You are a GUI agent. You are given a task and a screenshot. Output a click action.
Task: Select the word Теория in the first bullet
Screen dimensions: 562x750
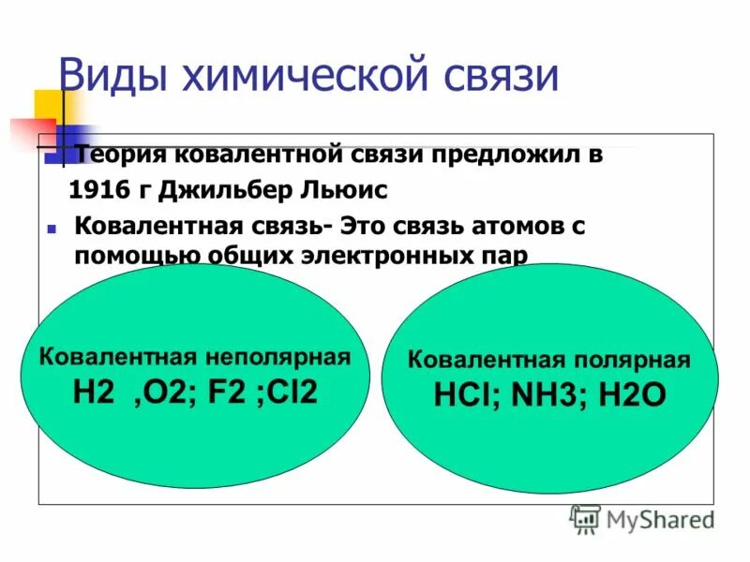coord(122,155)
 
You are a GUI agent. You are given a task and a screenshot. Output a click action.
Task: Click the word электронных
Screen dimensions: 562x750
coord(383,256)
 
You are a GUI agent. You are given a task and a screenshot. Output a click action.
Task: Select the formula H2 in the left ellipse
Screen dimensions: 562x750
coord(93,391)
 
